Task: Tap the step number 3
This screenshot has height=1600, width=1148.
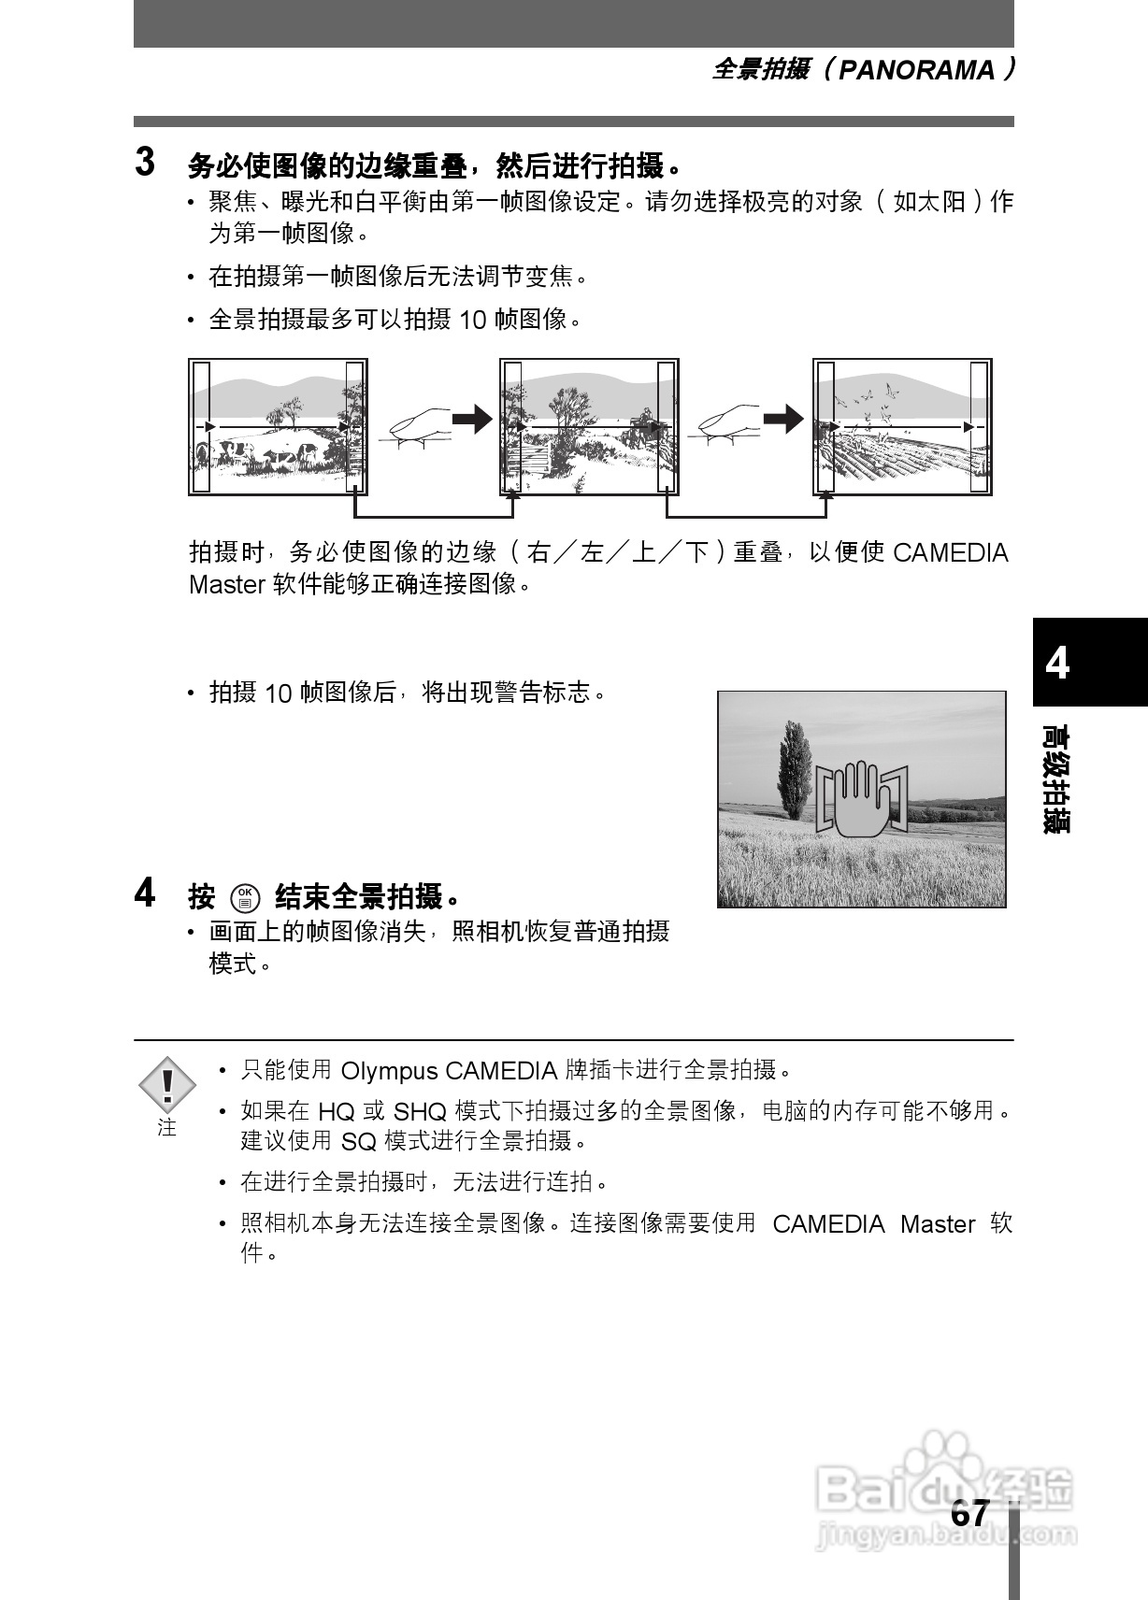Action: pos(145,162)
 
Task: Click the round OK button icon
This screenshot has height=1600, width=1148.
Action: pos(245,898)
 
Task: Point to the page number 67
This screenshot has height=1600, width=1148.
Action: pos(969,1513)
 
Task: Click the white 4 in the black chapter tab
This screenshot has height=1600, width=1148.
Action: pos(1057,663)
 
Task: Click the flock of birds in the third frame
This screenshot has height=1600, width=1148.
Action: pos(869,397)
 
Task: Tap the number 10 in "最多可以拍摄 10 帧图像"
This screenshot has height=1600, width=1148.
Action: pos(473,321)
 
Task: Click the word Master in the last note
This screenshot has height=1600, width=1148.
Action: pos(938,1224)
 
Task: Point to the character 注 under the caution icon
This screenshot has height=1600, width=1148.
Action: pos(167,1128)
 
